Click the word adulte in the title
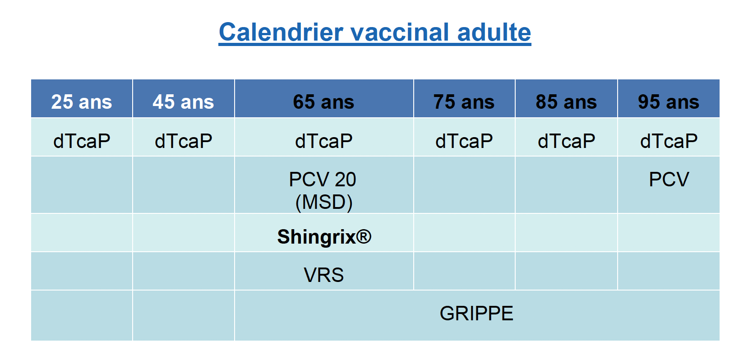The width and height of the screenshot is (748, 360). (x=494, y=32)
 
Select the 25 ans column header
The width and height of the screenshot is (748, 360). (x=82, y=102)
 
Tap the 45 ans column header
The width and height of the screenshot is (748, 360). (x=183, y=102)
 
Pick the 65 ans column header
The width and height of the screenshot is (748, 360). (x=323, y=102)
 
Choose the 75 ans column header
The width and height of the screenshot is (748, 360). (x=464, y=102)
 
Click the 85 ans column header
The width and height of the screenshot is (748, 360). (x=566, y=102)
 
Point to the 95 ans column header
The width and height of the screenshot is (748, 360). (x=669, y=102)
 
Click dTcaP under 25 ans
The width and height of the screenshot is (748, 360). (x=82, y=141)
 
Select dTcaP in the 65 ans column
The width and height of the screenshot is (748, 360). (x=323, y=141)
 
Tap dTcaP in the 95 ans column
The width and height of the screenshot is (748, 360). (x=669, y=141)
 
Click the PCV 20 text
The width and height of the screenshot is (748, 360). (x=323, y=180)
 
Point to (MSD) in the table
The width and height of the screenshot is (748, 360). (x=323, y=202)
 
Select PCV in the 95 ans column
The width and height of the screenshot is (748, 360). (x=669, y=180)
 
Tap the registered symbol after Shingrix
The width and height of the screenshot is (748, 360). (x=364, y=236)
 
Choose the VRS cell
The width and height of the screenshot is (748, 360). (x=323, y=275)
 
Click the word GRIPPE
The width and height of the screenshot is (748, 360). (x=476, y=313)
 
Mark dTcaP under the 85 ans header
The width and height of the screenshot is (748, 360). (x=566, y=141)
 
